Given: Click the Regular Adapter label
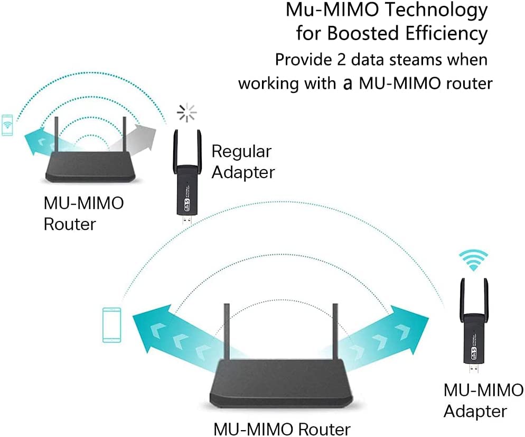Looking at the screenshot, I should tap(242, 162).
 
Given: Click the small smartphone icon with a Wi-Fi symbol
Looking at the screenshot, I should tap(7, 125).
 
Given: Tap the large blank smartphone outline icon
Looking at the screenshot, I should tap(111, 323).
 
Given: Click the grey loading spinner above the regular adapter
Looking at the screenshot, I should tap(186, 113).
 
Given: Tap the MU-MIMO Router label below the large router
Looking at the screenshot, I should tap(282, 428).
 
